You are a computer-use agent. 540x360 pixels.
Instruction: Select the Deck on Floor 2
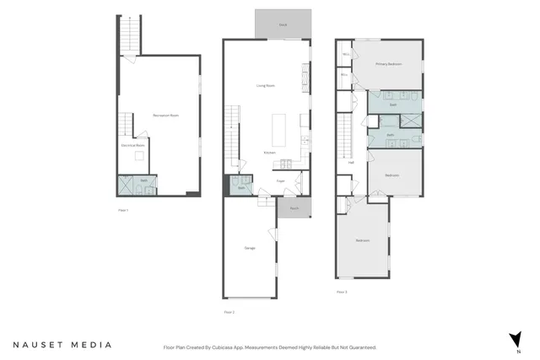pos(283,25)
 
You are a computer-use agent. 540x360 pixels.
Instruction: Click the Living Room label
pos(267,85)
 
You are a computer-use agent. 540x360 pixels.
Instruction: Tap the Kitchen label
pos(269,153)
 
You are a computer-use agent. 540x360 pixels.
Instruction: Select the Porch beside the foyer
pos(294,207)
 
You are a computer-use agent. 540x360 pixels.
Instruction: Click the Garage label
pos(250,248)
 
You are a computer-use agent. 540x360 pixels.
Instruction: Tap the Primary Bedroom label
pos(388,64)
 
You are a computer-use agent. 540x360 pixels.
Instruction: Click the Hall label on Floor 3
pos(351,162)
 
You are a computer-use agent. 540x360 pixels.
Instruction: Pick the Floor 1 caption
pos(123,210)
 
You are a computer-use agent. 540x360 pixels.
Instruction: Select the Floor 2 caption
pos(229,312)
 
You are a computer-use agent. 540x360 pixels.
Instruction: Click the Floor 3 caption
pos(342,292)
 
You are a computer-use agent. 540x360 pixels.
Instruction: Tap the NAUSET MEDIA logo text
pos(62,345)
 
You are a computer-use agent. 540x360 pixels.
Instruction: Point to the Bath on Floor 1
pos(143,180)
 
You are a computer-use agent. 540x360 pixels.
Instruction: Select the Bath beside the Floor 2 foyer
pos(241,188)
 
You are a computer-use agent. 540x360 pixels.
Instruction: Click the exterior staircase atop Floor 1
pos(129,34)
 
